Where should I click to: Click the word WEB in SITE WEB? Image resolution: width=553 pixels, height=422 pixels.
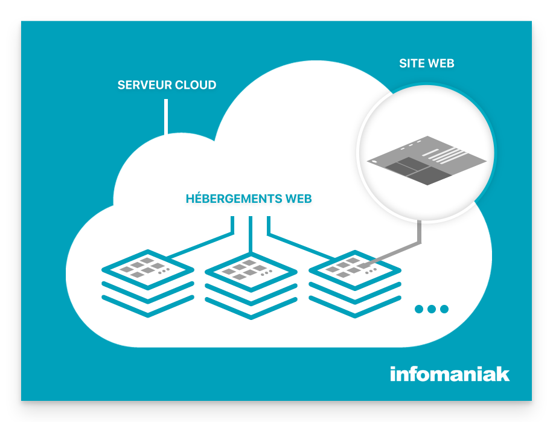tap(441, 63)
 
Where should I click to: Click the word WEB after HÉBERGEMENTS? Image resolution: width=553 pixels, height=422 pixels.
tap(299, 199)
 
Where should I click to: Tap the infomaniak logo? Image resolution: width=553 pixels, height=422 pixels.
tap(450, 374)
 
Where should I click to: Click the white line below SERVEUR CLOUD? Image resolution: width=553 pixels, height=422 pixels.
tap(166, 117)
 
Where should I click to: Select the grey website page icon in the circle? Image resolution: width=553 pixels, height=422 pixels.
tap(427, 161)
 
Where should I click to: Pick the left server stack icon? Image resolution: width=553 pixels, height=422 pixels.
tap(148, 284)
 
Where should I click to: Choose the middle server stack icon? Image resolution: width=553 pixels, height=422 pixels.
tap(251, 285)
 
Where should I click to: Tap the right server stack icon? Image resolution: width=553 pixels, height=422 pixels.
tap(355, 284)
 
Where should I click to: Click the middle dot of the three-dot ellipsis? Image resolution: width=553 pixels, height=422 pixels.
tap(432, 309)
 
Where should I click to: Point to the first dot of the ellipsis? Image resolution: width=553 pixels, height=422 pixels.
tap(419, 309)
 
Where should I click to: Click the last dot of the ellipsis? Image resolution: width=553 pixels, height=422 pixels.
tap(444, 309)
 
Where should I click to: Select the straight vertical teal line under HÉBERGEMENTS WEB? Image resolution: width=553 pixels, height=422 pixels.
tap(251, 235)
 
